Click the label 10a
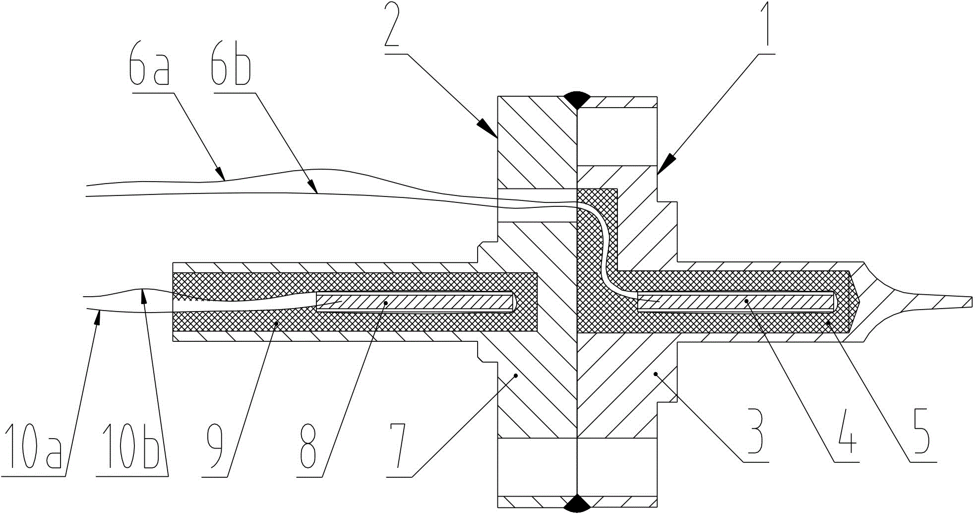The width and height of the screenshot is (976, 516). tap(33, 447)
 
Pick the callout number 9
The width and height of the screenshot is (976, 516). tap(216, 447)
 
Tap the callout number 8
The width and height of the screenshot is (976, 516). tap(308, 447)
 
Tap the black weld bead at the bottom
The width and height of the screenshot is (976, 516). tap(577, 503)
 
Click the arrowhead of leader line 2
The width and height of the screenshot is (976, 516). tap(488, 128)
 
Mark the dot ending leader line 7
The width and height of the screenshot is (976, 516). tap(516, 376)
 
